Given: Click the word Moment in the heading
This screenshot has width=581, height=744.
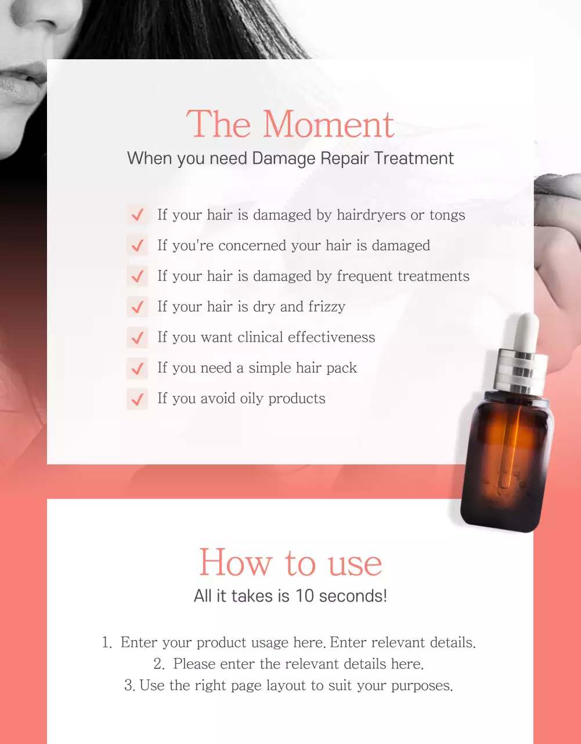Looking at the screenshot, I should click(x=329, y=124).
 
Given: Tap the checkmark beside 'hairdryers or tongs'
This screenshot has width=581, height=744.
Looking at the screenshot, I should click(x=138, y=215).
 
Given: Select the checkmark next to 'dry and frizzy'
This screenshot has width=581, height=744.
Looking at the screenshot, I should click(x=138, y=307).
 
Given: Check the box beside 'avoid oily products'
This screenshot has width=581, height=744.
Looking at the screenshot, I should click(x=138, y=399).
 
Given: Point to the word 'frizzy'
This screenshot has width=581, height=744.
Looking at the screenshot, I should click(x=326, y=307).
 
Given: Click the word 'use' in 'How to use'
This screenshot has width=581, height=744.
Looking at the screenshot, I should click(x=355, y=563).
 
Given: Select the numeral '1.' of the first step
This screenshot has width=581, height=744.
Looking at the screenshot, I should click(x=107, y=643).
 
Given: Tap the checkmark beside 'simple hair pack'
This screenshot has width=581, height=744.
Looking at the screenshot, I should click(x=138, y=369).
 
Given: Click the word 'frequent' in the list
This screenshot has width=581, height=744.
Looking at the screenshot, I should click(x=365, y=276).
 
